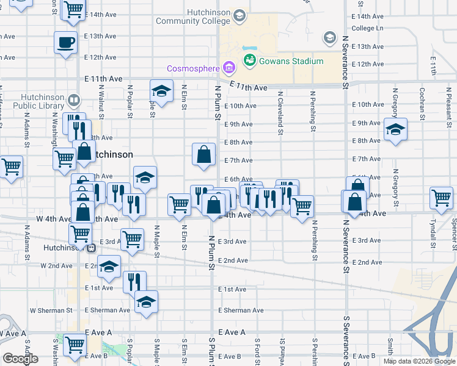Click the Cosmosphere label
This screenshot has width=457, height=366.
pyautogui.click(x=192, y=66)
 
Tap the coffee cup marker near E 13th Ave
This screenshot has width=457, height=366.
pyautogui.click(x=66, y=43)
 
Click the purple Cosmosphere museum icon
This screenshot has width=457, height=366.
pyautogui.click(x=229, y=66)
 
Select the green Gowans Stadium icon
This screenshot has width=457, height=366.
pyautogui.click(x=249, y=60)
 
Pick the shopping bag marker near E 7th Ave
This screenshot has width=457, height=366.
pyautogui.click(x=203, y=155)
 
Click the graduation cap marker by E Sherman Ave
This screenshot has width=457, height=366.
pyautogui.click(x=146, y=302)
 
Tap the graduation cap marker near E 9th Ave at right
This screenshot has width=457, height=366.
pyautogui.click(x=395, y=129)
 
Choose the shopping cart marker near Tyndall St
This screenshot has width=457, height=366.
pyautogui.click(x=441, y=198)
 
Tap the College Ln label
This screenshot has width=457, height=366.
pyautogui.click(x=368, y=28)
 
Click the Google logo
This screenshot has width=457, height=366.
pyautogui.click(x=20, y=359)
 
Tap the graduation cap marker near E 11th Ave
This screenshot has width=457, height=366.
pyautogui.click(x=161, y=91)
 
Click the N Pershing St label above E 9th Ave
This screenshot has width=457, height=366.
pyautogui.click(x=313, y=111)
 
